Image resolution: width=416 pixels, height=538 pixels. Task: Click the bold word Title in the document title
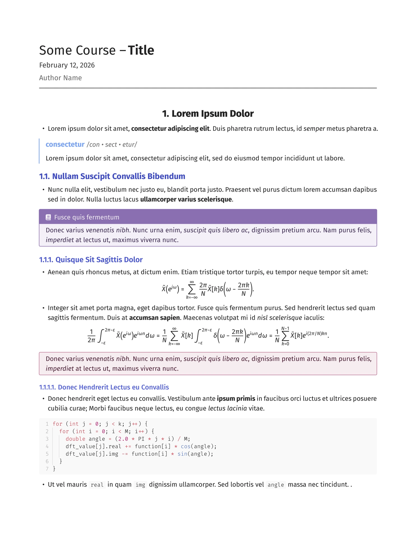point(141,50)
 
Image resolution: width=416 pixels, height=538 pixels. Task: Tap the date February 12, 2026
point(67,65)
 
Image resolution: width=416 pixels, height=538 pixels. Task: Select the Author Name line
point(61,78)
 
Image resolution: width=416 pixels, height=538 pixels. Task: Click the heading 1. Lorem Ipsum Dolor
point(208,113)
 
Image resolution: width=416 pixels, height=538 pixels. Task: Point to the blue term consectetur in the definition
point(65,145)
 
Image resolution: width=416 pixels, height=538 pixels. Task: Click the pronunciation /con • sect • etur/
point(112,145)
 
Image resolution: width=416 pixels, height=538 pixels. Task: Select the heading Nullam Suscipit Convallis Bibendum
point(118,176)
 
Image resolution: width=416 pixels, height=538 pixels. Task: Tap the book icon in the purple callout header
point(48,217)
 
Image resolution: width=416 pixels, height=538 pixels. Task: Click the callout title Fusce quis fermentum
point(87,217)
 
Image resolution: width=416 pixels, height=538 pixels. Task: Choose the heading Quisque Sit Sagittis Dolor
point(99,260)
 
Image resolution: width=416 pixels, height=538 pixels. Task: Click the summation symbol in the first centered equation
point(192,289)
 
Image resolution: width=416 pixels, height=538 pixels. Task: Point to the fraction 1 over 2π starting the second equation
point(91,336)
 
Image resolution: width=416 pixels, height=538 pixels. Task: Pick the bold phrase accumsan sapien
point(154,318)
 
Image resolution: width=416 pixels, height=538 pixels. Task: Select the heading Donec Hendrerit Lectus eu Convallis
point(113,387)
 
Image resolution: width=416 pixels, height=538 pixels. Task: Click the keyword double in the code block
point(75,439)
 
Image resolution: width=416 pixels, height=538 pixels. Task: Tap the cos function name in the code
point(186,446)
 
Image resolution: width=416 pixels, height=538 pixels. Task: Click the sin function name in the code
point(182,454)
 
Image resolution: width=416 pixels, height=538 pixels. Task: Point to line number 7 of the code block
point(47,469)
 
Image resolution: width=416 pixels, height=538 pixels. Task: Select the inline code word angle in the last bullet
point(276,485)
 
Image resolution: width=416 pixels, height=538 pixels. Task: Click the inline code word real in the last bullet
point(97,485)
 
